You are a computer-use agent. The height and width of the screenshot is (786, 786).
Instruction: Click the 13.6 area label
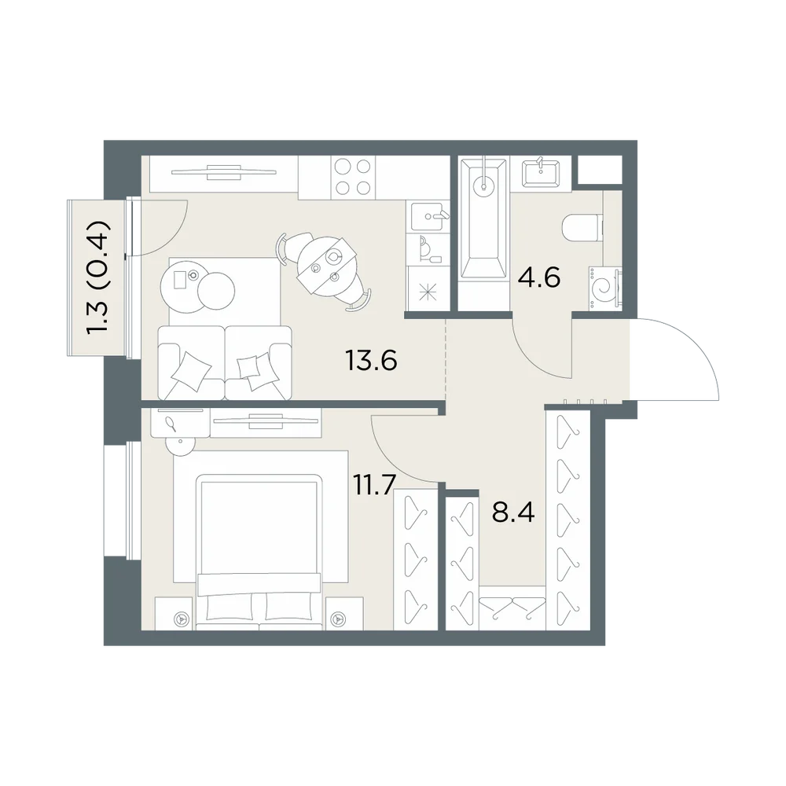pos(372,360)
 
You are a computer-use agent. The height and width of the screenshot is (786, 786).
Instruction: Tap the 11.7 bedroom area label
pos(375,484)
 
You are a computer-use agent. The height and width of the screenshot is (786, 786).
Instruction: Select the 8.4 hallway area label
pos(513,512)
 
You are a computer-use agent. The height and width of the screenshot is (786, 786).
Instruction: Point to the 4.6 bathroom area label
pos(539,277)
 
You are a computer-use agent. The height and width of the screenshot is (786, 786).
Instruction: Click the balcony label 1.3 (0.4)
pos(97,277)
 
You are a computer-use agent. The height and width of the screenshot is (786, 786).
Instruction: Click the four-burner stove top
pos(353,177)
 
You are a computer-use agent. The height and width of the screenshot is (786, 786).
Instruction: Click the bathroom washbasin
pos(542,173)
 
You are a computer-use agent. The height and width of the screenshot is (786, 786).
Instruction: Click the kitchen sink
pos(428,217)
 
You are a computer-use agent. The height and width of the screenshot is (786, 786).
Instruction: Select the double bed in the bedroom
pos(259,552)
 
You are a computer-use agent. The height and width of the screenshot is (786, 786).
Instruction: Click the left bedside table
pos(174,614)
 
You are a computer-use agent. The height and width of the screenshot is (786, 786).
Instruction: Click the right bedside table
pos(344,614)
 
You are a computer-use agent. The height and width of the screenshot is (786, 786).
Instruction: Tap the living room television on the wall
pos(223,172)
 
